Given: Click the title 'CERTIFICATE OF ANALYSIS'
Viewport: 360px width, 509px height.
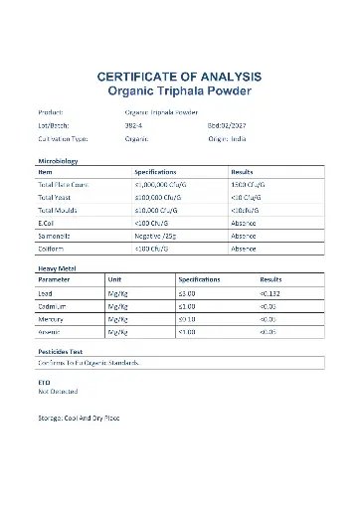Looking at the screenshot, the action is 179,77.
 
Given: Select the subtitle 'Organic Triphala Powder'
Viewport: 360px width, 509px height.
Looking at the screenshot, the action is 179,91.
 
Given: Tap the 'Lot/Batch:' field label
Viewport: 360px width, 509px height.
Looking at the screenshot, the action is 51,126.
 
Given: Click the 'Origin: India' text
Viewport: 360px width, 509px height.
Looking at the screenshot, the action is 231,140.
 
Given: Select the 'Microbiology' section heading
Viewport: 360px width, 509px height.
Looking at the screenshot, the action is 57,160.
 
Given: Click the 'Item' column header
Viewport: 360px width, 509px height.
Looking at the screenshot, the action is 45,172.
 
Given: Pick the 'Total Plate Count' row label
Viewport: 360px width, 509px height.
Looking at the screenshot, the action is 63,185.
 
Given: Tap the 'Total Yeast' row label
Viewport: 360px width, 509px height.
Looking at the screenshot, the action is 55,198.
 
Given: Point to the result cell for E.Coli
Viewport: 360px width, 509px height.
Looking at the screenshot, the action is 244,223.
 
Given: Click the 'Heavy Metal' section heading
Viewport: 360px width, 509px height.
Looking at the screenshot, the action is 56,268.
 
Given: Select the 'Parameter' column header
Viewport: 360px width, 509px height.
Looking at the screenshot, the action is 55,280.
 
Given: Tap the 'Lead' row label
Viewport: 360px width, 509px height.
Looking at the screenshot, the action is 46,293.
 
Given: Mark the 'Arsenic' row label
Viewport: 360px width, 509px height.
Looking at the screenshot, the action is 50,332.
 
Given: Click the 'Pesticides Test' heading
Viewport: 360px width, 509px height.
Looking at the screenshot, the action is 60,352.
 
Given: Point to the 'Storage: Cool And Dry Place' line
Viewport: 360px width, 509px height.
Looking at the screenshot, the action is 79,417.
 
